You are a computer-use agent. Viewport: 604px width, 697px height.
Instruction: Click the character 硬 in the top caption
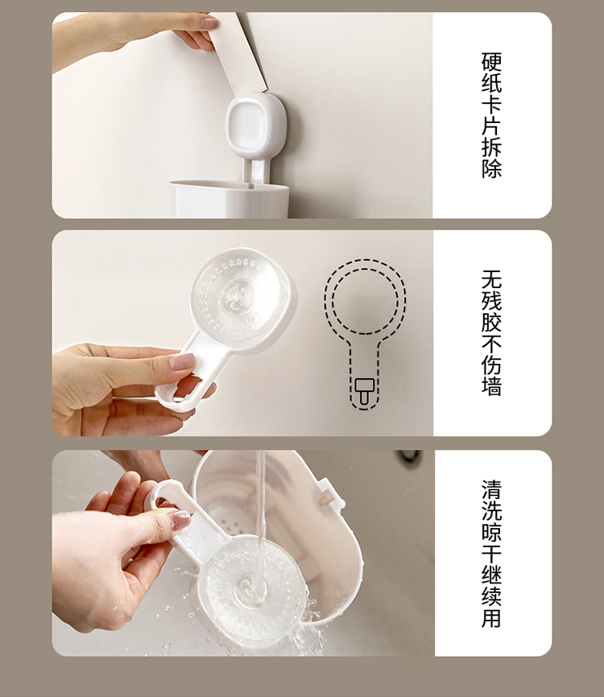(491, 62)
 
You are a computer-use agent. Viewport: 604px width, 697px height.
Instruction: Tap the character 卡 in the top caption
(491, 105)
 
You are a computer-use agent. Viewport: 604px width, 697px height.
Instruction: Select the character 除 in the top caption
(491, 168)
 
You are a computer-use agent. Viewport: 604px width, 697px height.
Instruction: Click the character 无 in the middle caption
(491, 279)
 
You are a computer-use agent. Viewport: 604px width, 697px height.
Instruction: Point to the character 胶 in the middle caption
(491, 322)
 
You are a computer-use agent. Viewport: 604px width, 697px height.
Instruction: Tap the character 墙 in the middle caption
(491, 386)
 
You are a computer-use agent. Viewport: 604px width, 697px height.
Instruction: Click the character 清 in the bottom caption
(491, 489)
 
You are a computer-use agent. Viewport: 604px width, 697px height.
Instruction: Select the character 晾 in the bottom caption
(491, 532)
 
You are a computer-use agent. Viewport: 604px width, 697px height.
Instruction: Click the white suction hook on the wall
(255, 126)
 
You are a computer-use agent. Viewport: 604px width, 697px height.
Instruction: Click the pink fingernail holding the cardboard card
(209, 23)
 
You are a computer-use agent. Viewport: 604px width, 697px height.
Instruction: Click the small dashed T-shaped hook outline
(365, 390)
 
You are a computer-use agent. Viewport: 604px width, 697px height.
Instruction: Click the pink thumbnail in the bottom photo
(180, 521)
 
